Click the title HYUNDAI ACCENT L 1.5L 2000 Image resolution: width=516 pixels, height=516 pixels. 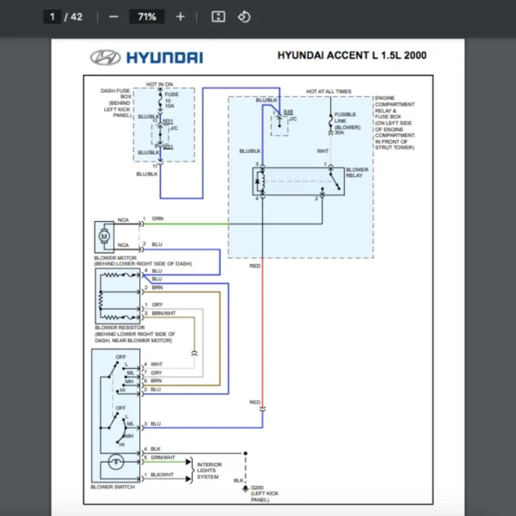pos(351,56)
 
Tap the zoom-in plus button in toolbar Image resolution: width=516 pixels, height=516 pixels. pos(180,16)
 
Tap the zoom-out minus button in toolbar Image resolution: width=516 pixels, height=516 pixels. pos(114,16)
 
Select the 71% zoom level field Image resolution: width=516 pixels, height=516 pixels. pos(146,16)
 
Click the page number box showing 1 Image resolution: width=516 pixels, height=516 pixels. pos(52,16)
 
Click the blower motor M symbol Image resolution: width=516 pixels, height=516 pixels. pos(105,235)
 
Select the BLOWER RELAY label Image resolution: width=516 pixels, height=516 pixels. pos(357,173)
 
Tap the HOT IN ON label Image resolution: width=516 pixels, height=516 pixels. pos(159,84)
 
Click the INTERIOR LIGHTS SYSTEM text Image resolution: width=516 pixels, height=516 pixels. pos(210,470)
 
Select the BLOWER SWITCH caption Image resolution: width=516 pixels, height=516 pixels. pos(113,487)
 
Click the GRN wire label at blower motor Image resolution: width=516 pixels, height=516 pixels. pos(157,219)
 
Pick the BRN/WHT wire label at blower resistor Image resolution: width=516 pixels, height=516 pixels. pos(163,313)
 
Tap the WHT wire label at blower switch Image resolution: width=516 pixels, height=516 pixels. pos(157,365)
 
